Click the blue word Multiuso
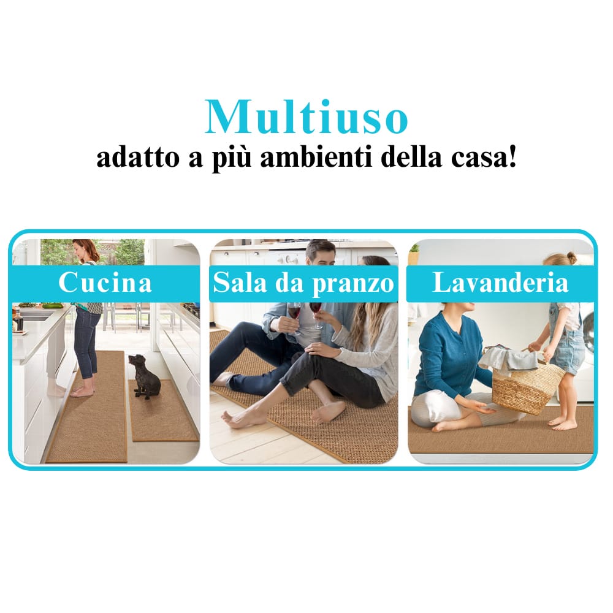coord(306,116)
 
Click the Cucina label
coord(105,283)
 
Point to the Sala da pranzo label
coord(303,283)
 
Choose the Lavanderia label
coord(500,283)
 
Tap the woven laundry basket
coord(528,386)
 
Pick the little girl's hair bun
coord(571,257)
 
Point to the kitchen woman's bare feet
coord(83,391)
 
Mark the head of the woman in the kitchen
coord(85,251)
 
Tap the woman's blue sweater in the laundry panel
coord(447,356)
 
